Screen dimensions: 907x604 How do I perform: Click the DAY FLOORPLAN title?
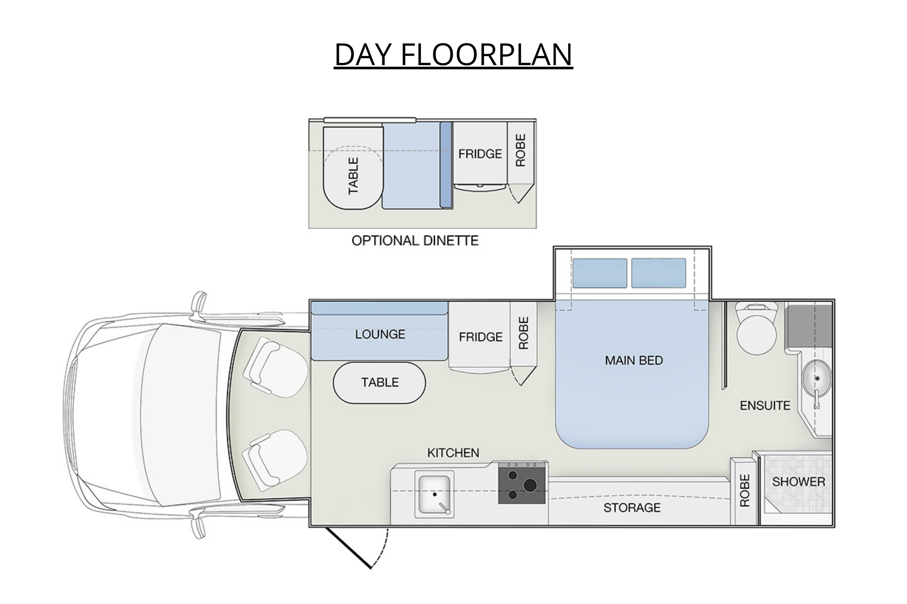point(453,54)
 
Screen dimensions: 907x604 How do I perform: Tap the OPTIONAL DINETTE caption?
point(415,241)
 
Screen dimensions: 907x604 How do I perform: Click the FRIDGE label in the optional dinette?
point(480,154)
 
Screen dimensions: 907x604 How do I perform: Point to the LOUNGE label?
point(380,334)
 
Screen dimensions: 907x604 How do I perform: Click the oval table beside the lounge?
point(379,383)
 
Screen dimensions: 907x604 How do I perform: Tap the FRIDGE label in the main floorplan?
point(481,337)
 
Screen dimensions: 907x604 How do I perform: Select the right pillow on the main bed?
point(658,273)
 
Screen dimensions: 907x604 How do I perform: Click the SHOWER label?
point(799,482)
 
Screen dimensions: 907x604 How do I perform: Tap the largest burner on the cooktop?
point(530,485)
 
